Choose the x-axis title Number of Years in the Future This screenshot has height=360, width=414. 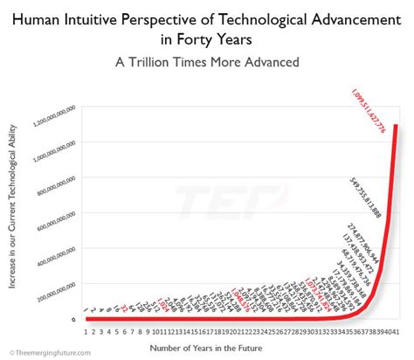(235, 346)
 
